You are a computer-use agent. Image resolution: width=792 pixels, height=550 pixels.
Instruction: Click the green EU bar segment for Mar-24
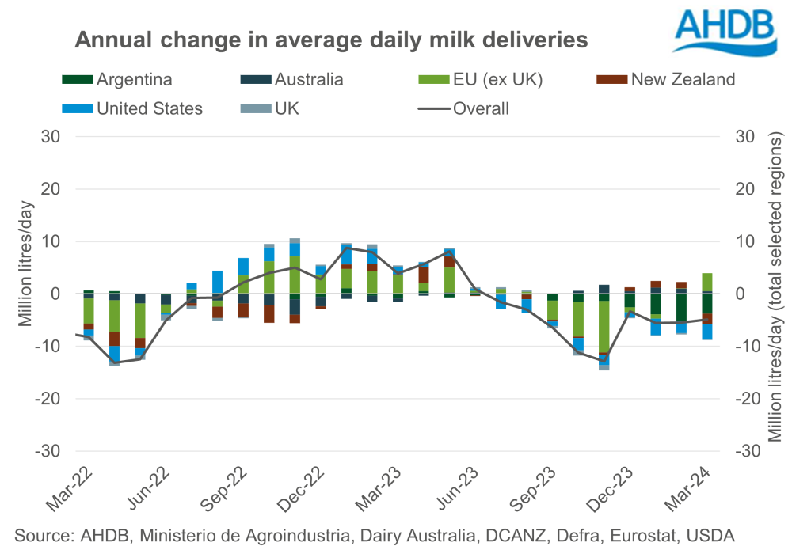707,282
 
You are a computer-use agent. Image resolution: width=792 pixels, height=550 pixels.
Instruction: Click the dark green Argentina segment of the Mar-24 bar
707,303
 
